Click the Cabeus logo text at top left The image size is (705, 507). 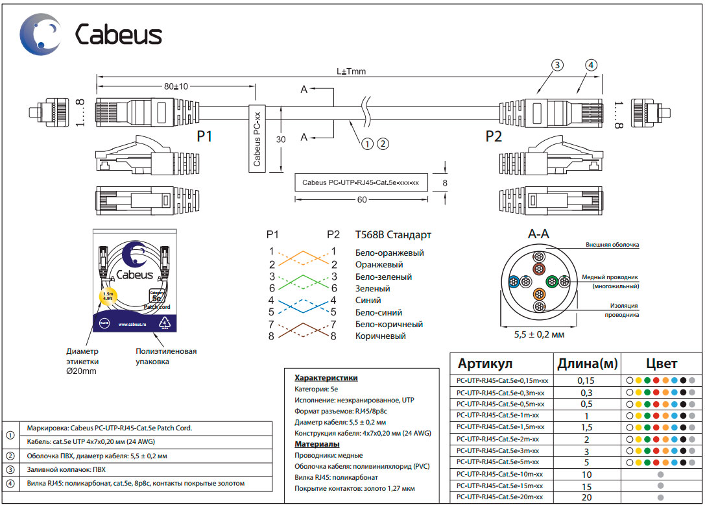[x=119, y=34]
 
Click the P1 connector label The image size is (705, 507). [x=205, y=137]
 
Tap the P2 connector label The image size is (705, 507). [x=494, y=137]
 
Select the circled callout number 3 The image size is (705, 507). [x=557, y=65]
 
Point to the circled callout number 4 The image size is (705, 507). [x=590, y=65]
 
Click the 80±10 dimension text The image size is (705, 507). [x=175, y=86]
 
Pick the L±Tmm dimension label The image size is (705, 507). [x=352, y=72]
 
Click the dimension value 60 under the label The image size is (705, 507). [x=362, y=200]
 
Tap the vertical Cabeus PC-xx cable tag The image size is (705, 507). [x=257, y=138]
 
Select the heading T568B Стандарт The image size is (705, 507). [x=392, y=235]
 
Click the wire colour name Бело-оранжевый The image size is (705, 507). [x=389, y=253]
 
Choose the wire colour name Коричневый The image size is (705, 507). [x=380, y=336]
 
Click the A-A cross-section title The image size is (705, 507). [x=539, y=234]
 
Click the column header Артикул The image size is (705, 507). [x=485, y=363]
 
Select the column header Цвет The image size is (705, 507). [x=661, y=363]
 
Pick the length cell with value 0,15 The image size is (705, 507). [x=586, y=380]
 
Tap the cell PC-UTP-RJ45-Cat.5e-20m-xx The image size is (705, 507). [x=499, y=497]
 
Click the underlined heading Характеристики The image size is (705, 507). [x=326, y=377]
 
